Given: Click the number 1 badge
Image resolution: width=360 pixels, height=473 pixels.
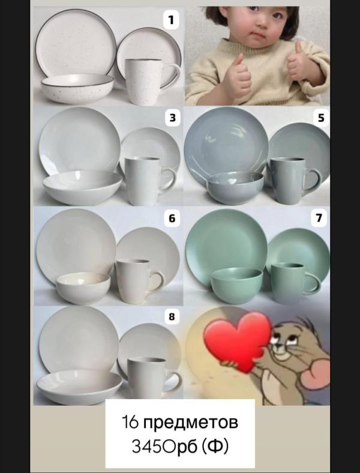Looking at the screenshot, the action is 171,20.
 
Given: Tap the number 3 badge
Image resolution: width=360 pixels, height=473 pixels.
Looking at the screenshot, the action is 172,118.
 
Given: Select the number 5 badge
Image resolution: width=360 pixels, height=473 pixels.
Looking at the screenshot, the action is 321,118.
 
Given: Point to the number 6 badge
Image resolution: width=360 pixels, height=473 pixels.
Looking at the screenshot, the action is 172,218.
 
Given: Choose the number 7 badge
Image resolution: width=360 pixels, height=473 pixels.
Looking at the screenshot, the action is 319,218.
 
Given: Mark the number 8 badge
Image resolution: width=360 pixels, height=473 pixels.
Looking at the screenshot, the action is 172,317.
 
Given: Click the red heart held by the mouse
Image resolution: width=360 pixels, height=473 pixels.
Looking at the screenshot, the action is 237,341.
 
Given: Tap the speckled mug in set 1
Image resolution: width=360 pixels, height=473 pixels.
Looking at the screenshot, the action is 148,82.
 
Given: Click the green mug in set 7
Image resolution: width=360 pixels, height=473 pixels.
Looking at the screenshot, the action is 291,283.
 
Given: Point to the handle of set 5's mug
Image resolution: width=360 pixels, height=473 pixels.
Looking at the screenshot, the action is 314,181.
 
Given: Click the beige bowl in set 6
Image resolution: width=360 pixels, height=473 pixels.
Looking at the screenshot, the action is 83,288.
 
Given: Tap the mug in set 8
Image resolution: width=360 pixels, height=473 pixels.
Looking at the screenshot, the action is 151,378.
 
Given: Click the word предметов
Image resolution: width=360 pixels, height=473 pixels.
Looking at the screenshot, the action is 190,422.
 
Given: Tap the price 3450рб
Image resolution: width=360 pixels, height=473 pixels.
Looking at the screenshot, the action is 164,446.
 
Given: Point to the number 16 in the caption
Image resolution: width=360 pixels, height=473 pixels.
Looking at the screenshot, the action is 130,422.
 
